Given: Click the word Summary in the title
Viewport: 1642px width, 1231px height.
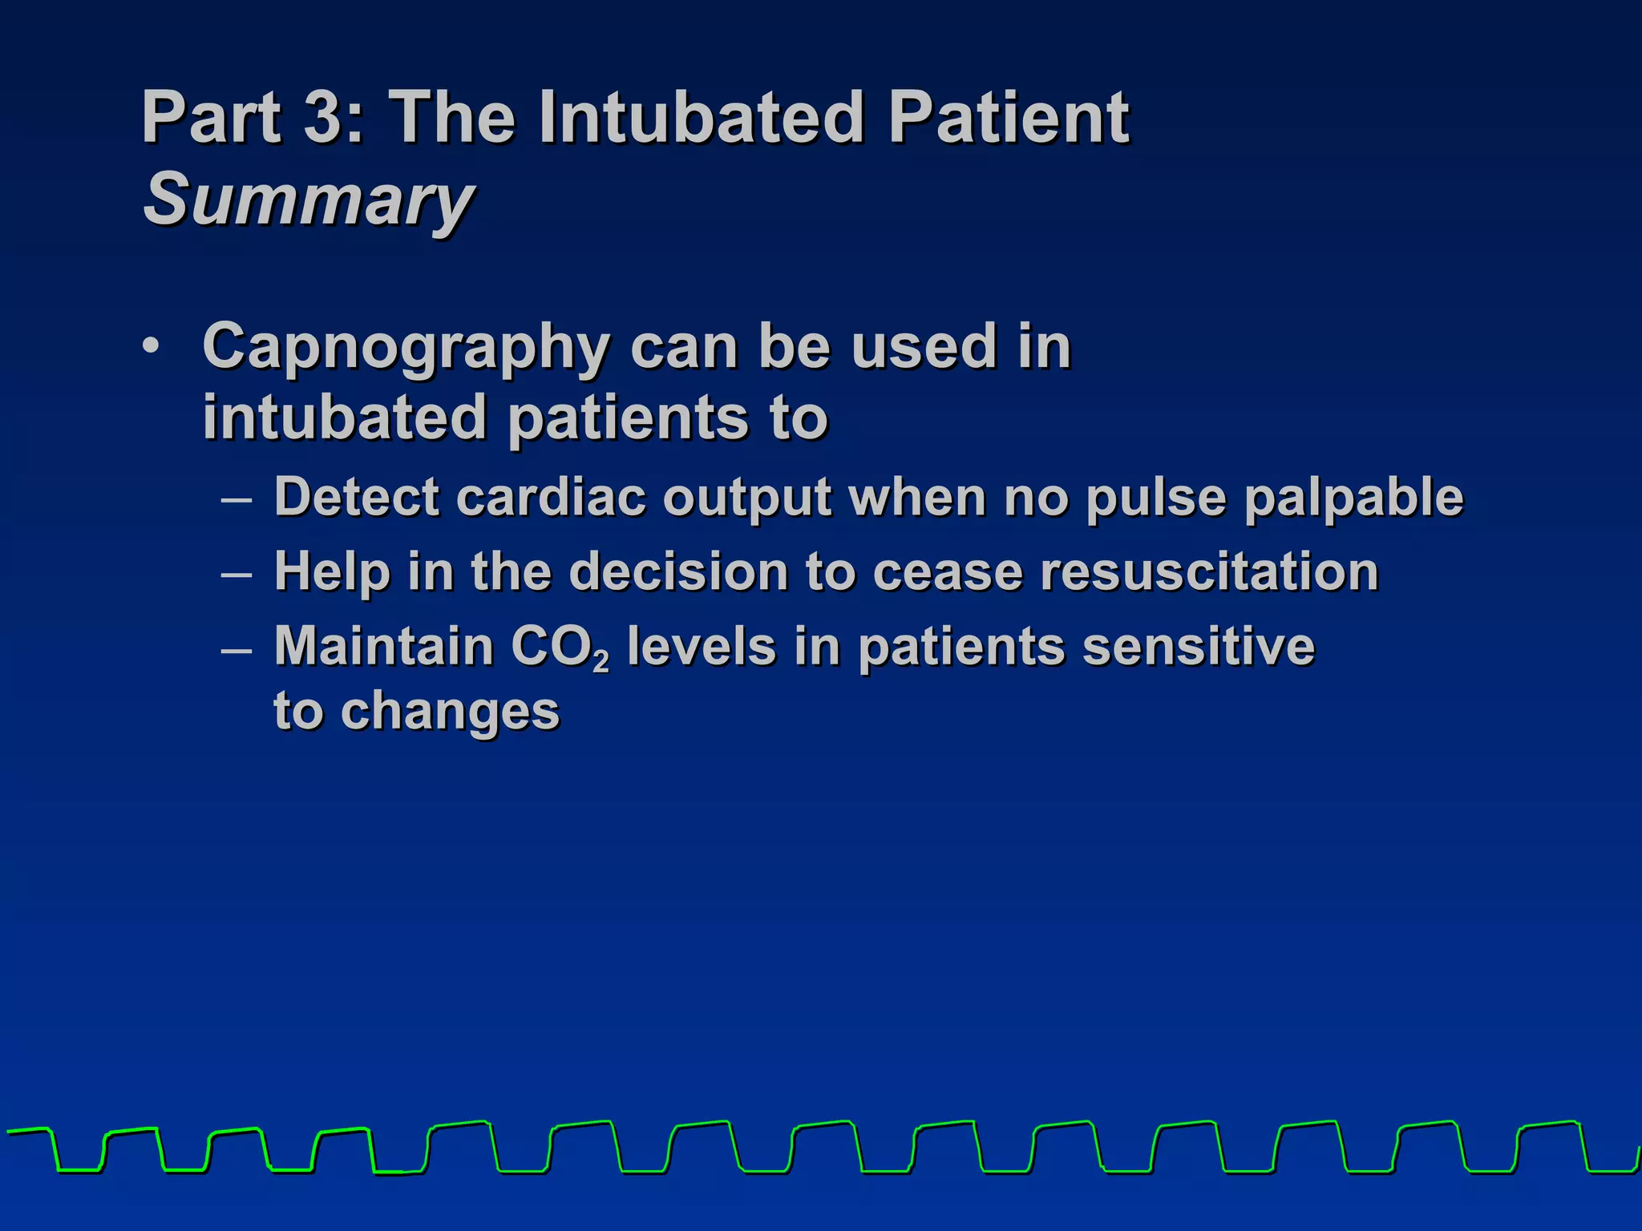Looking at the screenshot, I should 309,200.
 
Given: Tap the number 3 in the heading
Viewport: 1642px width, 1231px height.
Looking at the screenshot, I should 323,117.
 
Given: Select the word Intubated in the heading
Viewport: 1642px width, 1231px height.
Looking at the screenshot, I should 702,117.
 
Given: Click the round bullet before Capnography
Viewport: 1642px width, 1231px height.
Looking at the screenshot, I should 150,347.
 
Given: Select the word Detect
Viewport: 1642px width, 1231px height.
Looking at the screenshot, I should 356,497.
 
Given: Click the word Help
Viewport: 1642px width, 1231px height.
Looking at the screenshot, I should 331,572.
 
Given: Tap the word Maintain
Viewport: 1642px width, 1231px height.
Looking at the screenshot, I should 383,646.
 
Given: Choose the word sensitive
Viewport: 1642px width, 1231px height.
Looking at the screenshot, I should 1199,646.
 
